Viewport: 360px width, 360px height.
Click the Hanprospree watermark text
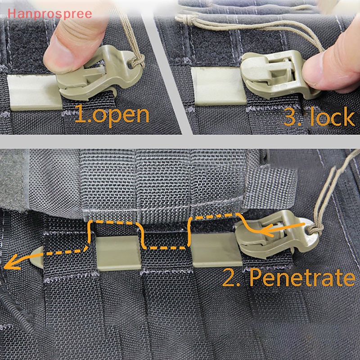(x=47, y=13)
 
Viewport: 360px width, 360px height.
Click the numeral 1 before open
(x=81, y=114)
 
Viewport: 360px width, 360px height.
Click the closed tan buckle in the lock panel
(x=270, y=70)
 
